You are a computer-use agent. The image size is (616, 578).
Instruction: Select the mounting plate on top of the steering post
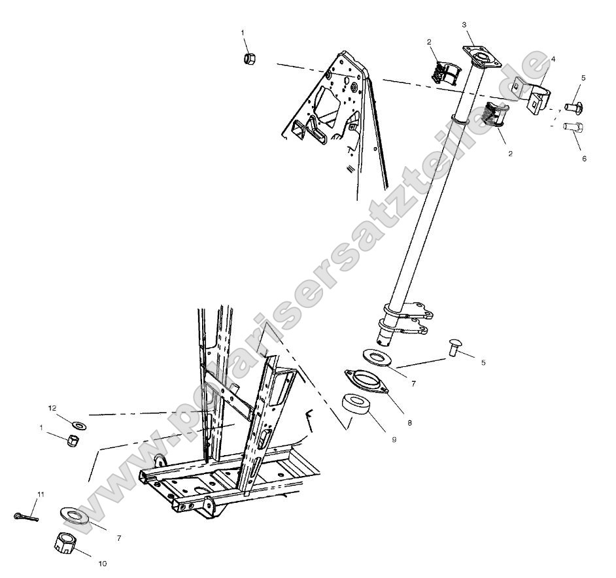click(481, 58)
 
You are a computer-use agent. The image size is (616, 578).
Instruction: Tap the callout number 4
click(553, 59)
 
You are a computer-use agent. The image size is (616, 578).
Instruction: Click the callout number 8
click(409, 423)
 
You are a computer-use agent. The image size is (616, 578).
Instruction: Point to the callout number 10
click(103, 563)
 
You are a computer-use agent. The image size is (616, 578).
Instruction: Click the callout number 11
click(41, 494)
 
